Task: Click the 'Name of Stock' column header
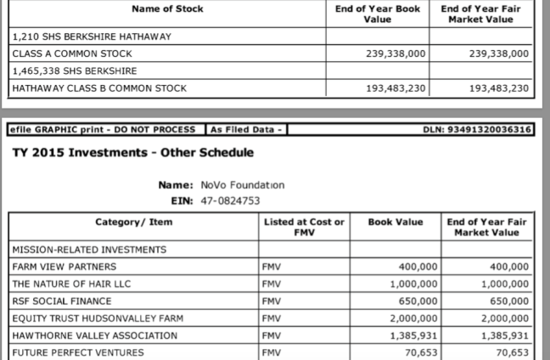point(168,9)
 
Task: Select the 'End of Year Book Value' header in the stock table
point(389,14)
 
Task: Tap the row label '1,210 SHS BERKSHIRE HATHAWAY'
point(92,37)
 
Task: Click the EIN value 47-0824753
point(230,201)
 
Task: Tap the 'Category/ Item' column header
point(135,222)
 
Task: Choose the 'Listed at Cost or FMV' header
point(304,228)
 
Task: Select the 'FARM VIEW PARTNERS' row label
point(64,267)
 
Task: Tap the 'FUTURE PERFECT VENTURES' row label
point(77,352)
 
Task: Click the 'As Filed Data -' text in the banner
point(247,129)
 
